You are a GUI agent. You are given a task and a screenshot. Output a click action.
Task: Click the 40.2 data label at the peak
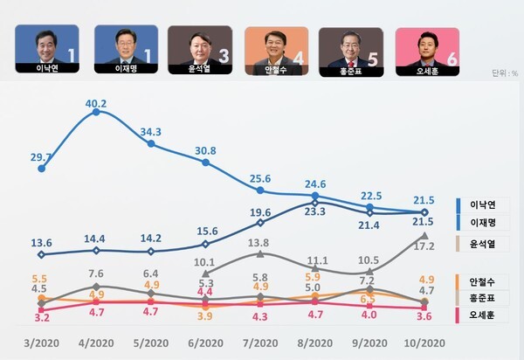click(x=96, y=104)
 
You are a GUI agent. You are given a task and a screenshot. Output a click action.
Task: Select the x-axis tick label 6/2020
click(x=205, y=343)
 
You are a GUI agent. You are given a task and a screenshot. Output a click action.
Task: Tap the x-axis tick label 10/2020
click(x=424, y=343)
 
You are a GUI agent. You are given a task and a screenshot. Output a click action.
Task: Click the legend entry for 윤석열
click(x=482, y=244)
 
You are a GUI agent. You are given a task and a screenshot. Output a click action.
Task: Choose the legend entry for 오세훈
click(x=482, y=315)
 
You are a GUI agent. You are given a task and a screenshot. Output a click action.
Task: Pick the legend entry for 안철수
click(x=482, y=282)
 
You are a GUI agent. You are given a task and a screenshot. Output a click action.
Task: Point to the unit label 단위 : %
click(x=505, y=73)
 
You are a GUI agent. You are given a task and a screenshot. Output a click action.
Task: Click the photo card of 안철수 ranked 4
click(x=276, y=52)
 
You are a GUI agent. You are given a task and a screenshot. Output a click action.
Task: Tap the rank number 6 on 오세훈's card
click(x=452, y=59)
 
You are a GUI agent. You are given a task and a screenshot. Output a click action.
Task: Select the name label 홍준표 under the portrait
click(x=351, y=71)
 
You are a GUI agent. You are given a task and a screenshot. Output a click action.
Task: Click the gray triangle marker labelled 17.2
click(x=424, y=235)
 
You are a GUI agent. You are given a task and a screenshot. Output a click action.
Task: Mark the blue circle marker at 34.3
click(x=151, y=143)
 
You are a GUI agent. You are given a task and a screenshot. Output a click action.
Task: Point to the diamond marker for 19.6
click(x=260, y=223)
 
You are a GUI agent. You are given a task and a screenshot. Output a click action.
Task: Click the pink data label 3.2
click(x=42, y=317)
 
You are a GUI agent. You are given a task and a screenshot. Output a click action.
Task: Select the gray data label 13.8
click(x=259, y=243)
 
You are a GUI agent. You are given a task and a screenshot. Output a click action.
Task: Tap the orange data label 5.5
click(x=39, y=279)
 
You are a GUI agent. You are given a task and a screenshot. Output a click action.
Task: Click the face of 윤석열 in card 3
click(x=199, y=45)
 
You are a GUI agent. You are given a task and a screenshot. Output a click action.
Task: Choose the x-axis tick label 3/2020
click(x=41, y=343)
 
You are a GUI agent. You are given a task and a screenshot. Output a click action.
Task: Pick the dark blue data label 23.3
click(x=315, y=211)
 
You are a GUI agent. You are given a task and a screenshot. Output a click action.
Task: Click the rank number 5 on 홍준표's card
click(x=372, y=59)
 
